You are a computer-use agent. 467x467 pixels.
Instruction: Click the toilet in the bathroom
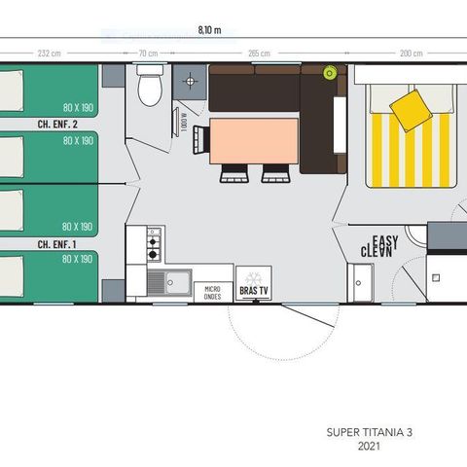coord(149,89)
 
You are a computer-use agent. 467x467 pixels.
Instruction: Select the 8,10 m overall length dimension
coord(222,30)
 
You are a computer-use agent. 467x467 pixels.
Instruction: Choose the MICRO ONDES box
coord(213,292)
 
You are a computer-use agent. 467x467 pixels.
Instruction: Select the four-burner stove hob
coord(154,243)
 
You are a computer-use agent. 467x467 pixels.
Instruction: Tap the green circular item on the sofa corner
coord(329,72)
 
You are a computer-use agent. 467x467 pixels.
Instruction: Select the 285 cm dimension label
coord(258,53)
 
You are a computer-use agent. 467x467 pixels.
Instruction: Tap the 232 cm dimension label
coord(50,53)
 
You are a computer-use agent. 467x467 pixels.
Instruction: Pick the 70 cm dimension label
coord(148,53)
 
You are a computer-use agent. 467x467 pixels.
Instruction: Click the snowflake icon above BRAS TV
coord(253,276)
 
